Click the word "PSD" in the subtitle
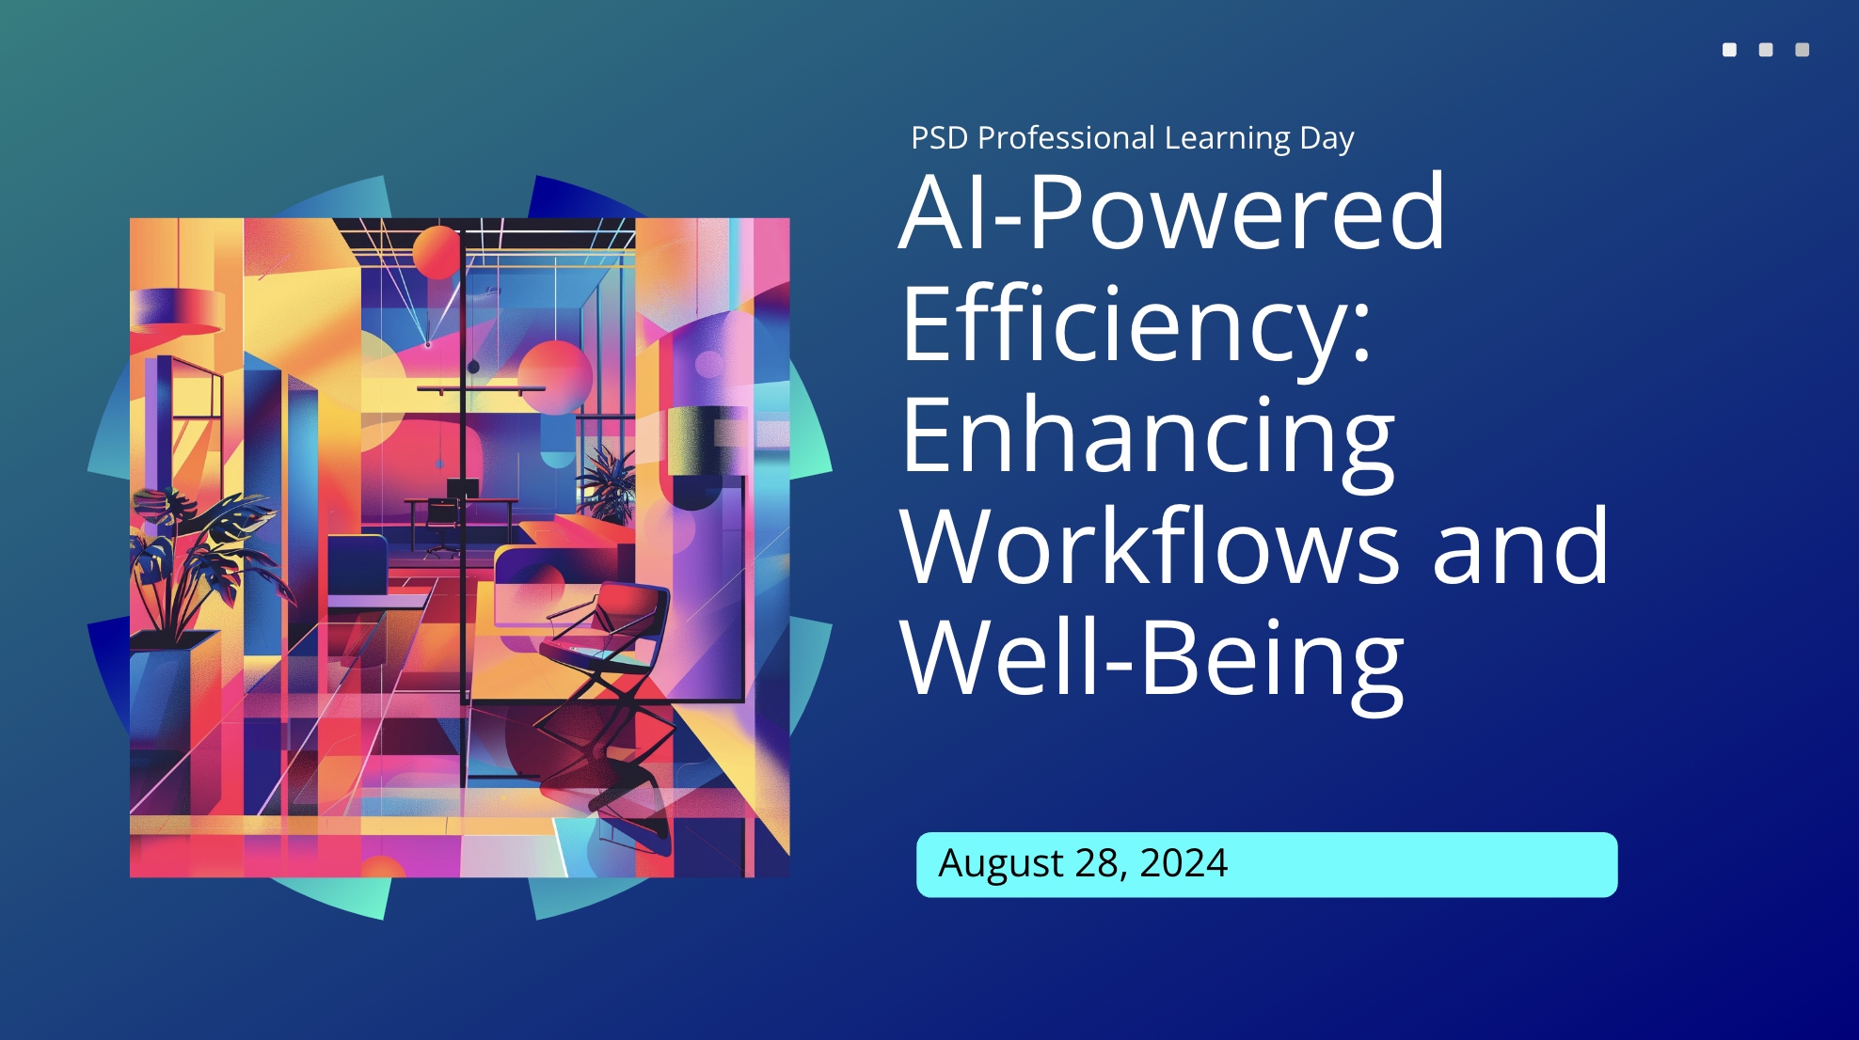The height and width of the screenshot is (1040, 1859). tap(939, 138)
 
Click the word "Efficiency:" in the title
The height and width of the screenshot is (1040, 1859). tap(1136, 324)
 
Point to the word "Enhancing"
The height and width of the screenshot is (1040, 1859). tap(1147, 437)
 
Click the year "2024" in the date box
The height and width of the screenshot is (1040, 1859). tap(1183, 863)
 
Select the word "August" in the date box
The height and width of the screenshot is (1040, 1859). tap(1001, 863)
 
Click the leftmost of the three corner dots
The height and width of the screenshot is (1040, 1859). tap(1729, 50)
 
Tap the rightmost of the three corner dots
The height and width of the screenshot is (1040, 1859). tap(1802, 50)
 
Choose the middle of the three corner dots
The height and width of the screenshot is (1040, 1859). tap(1766, 50)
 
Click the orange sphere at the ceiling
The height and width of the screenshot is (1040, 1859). tap(437, 251)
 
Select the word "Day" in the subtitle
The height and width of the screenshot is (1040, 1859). tap(1327, 138)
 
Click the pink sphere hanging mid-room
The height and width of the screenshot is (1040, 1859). tap(554, 376)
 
